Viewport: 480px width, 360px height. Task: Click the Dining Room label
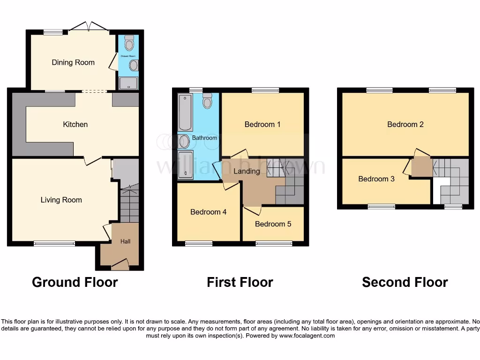pos(73,62)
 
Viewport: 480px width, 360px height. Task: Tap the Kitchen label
pos(75,124)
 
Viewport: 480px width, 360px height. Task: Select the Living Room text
pos(61,200)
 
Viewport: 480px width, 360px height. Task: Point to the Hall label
pos(126,241)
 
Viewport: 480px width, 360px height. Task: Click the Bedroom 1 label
pos(262,124)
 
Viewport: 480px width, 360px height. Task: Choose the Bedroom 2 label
pos(405,124)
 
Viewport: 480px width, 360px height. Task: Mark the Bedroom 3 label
pos(376,179)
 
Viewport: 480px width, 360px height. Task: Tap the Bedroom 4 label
pos(209,212)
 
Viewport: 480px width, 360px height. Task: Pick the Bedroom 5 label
pos(273,224)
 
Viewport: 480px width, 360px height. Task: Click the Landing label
pos(247,171)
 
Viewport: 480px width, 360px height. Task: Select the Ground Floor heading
pos(75,282)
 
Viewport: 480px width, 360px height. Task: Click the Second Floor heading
pos(405,282)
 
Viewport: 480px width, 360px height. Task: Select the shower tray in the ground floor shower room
pos(128,83)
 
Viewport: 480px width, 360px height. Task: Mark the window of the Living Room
pos(54,243)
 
